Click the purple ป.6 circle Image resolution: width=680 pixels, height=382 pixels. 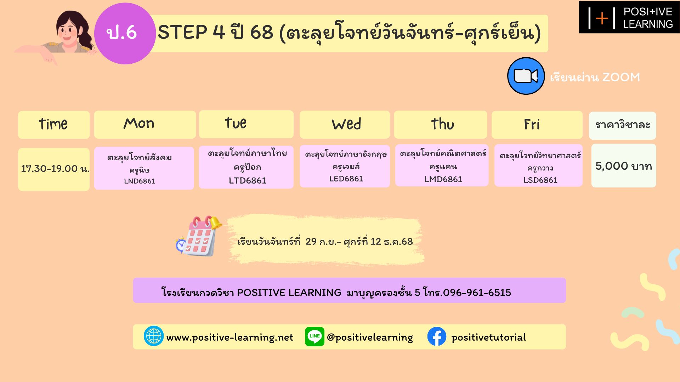[x=125, y=34]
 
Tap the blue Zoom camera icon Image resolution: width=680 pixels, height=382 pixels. [x=526, y=76]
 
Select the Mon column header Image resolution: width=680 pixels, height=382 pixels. [x=145, y=125]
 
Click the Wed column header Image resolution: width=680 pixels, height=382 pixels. [x=345, y=125]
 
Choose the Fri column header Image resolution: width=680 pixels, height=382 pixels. [x=537, y=125]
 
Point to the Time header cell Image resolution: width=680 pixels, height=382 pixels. [x=54, y=125]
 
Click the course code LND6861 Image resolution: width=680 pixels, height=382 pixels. [x=140, y=181]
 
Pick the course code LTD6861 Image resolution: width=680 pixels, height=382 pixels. [x=248, y=181]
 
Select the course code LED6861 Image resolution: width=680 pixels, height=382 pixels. [x=346, y=179]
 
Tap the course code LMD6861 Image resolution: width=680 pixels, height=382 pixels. [x=443, y=179]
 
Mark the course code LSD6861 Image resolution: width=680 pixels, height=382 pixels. [x=540, y=180]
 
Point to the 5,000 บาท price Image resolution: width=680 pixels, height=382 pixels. [x=624, y=166]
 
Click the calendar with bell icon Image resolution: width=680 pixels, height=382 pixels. [x=199, y=236]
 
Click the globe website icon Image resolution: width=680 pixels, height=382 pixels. [x=153, y=336]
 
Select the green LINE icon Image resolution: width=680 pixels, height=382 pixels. [x=314, y=336]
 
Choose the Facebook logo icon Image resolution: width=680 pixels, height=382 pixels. [x=437, y=336]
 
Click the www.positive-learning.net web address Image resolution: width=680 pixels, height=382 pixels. [x=230, y=337]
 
